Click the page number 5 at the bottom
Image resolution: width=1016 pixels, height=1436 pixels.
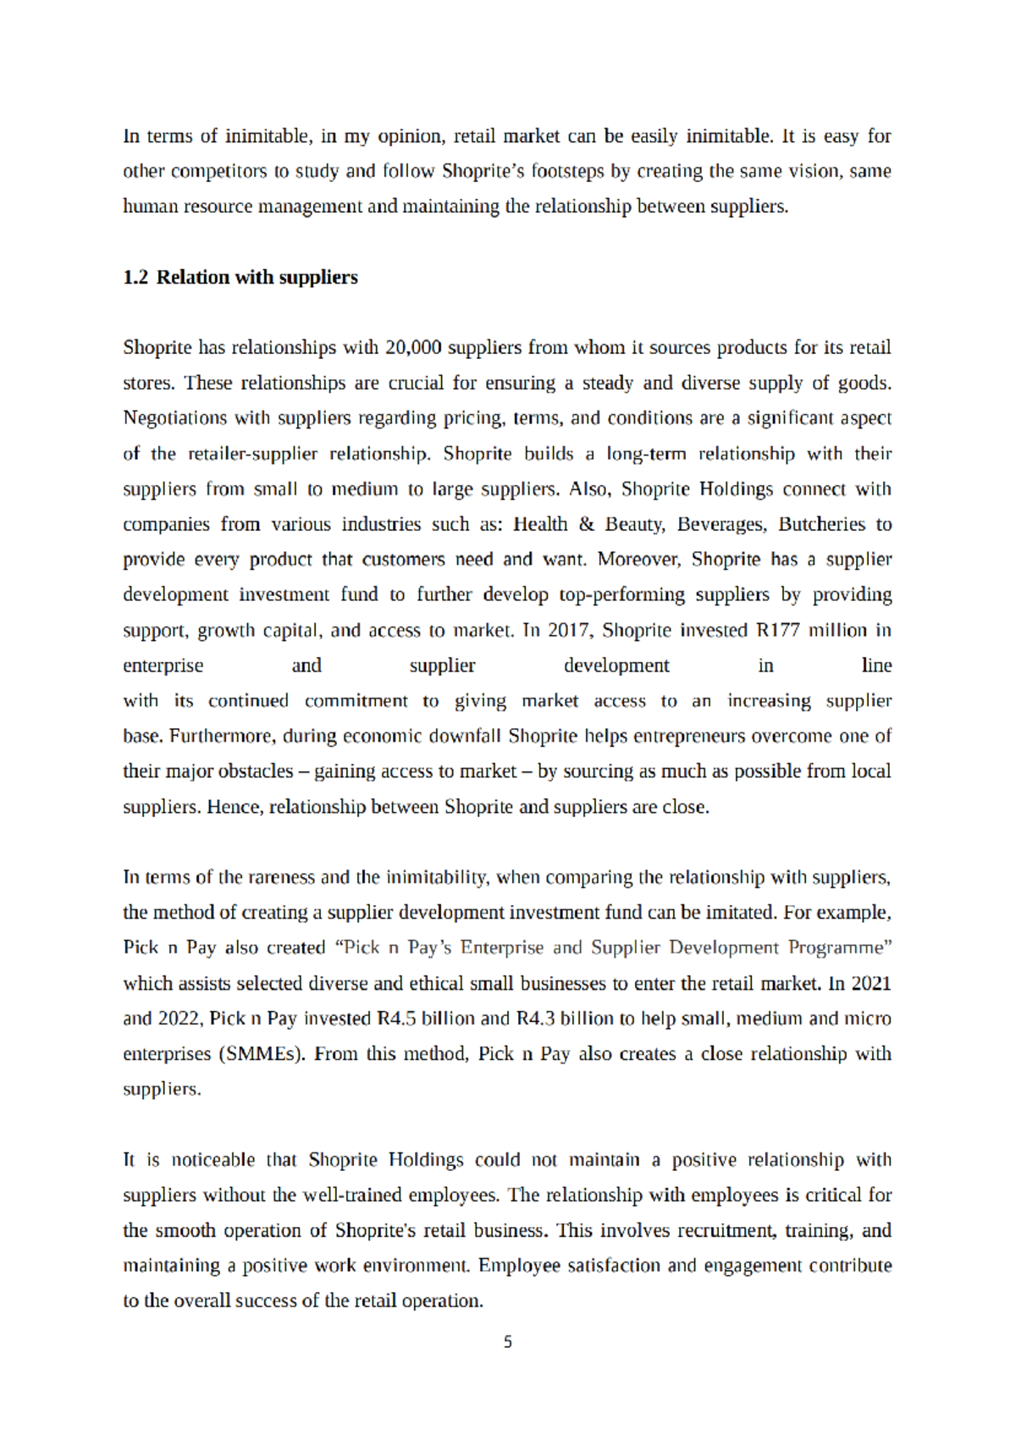[x=507, y=1342]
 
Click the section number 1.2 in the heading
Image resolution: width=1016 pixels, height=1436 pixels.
[x=135, y=278]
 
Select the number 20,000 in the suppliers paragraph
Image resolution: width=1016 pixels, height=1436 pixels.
[x=413, y=348]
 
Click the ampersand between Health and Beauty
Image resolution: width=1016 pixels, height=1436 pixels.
[x=586, y=525]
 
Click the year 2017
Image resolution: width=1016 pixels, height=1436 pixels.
[x=568, y=631]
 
